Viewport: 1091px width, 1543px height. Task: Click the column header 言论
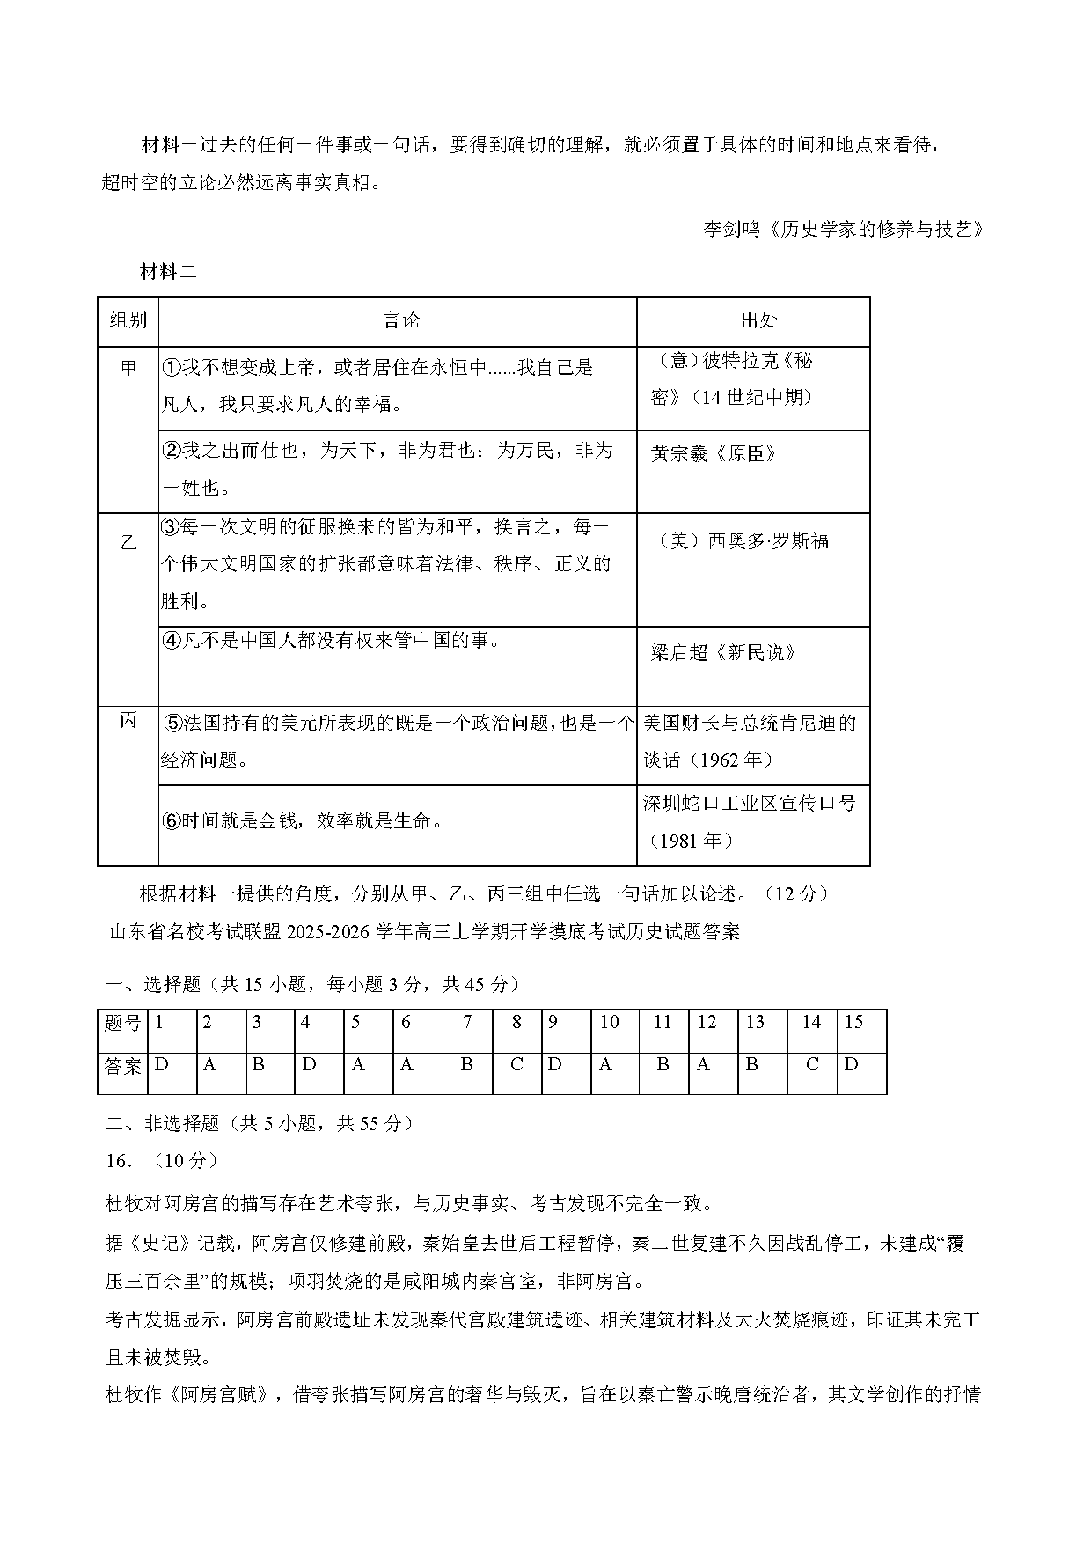point(401,321)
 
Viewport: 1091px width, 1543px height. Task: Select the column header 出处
point(758,321)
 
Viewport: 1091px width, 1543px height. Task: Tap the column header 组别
point(128,321)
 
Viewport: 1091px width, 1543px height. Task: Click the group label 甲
point(128,368)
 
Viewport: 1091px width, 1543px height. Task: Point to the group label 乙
point(128,543)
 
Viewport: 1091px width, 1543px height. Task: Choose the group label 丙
point(128,721)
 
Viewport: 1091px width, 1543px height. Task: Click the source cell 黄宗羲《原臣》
point(714,454)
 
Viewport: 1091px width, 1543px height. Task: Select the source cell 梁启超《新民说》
point(723,653)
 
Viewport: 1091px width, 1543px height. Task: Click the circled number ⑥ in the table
point(172,821)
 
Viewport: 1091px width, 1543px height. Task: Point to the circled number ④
point(172,641)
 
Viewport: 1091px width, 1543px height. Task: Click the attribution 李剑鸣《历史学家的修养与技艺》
point(842,230)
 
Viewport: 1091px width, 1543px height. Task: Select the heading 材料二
point(168,272)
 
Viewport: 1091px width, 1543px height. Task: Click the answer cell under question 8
point(516,1064)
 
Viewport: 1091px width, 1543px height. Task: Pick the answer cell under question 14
point(812,1064)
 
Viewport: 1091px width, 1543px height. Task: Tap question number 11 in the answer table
point(663,1023)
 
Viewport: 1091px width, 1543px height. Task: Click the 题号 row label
point(123,1023)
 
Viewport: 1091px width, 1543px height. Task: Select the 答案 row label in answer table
point(123,1066)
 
